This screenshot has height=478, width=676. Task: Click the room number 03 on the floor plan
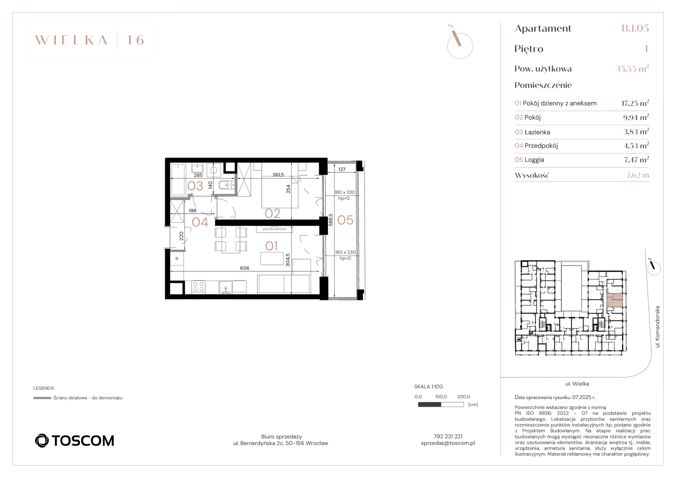pos(195,186)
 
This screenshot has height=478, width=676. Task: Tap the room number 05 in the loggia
pos(345,220)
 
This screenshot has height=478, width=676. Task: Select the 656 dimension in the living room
pos(245,268)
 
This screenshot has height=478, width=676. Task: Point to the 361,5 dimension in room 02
pos(278,174)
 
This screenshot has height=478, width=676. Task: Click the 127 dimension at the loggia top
pos(342,170)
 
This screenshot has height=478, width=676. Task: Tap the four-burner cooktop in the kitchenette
pos(199,286)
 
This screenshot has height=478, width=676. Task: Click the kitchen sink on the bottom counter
pos(226,287)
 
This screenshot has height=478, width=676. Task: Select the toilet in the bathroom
pos(225,185)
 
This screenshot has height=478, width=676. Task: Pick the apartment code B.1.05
pos(635,28)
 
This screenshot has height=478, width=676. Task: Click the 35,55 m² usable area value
pos(632,69)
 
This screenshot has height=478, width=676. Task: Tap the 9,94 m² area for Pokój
pos(636,117)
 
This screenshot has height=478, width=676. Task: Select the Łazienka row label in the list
pos(537,132)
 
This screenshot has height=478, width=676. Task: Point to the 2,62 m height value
pos(638,175)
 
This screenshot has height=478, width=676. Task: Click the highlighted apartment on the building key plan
pos(615,300)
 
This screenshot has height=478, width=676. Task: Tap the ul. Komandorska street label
pos(657,327)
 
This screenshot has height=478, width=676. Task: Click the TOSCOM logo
pos(74,440)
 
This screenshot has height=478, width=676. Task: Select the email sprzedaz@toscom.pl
pos(448,443)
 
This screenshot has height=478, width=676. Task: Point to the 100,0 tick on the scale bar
pos(441,397)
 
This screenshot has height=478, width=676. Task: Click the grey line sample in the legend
pos(42,398)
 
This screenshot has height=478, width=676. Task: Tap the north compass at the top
pos(460,44)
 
